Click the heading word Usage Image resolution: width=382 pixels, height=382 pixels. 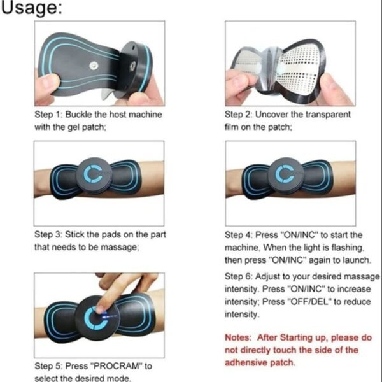pos(31,10)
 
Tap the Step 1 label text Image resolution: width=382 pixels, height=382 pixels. pos(50,115)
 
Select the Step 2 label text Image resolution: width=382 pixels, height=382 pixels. pos(240,115)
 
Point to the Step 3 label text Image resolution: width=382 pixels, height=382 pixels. pos(50,234)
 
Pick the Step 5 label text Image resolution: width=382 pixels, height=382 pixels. pos(50,367)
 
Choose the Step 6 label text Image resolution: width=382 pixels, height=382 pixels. pos(240,277)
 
